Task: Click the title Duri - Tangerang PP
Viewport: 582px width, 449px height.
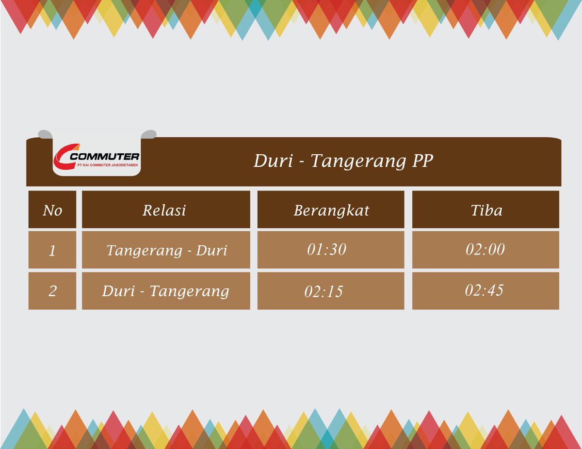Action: [343, 161]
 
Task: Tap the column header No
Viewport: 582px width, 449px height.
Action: [52, 210]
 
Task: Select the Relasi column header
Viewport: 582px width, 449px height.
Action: [164, 210]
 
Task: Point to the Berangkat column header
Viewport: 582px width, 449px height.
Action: [331, 210]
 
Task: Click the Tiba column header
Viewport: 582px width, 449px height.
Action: [486, 210]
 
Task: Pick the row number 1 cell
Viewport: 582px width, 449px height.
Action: [52, 251]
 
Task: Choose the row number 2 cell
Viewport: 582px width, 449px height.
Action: [52, 291]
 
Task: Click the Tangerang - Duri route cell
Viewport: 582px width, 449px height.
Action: [166, 250]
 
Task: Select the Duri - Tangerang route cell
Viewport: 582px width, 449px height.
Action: [165, 291]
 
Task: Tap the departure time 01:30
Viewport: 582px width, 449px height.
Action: [326, 249]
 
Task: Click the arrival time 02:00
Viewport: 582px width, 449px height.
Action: [485, 249]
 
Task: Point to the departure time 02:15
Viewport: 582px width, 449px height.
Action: [323, 291]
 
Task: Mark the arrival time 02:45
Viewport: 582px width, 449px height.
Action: [484, 290]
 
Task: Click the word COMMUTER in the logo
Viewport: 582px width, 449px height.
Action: [105, 157]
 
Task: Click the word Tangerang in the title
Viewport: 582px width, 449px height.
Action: [358, 161]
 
